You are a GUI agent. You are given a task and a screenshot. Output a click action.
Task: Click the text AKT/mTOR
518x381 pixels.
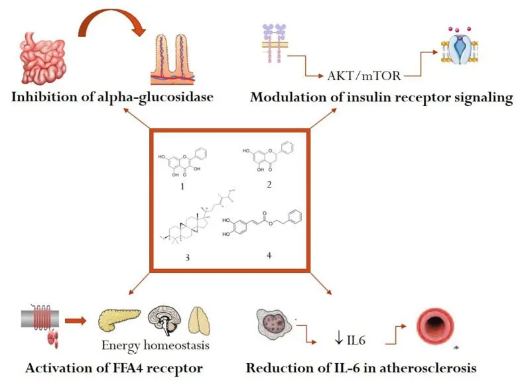pyautogui.click(x=363, y=76)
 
